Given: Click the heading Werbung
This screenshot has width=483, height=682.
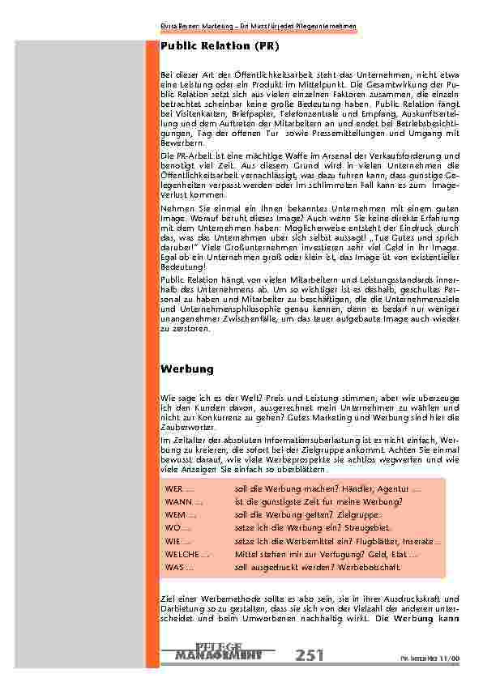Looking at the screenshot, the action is click(x=187, y=369).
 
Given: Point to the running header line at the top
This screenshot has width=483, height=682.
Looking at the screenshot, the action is click(x=256, y=27).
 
